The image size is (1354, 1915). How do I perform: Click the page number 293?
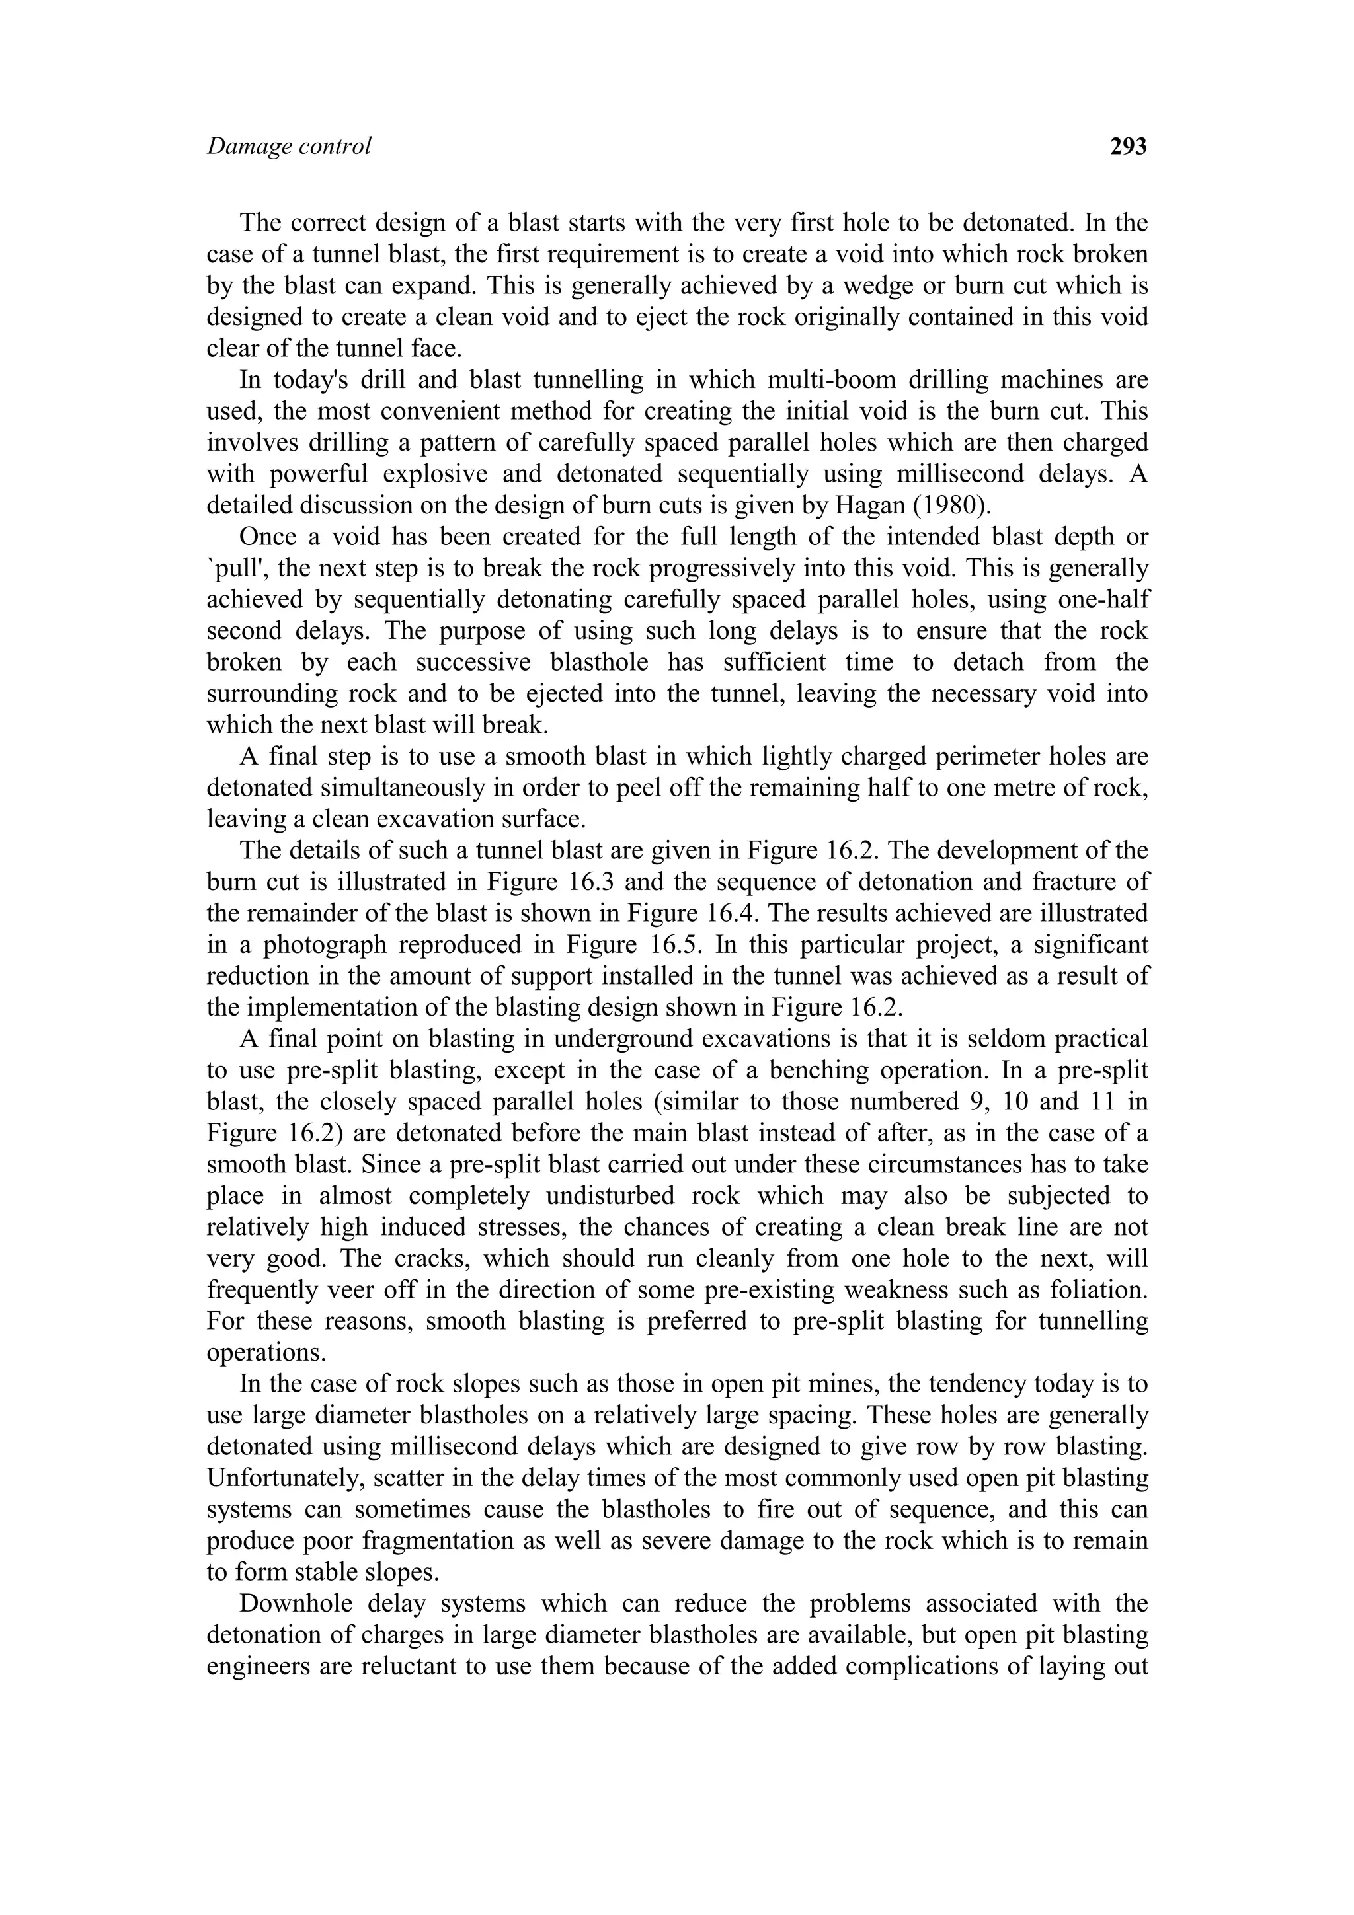click(1128, 147)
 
